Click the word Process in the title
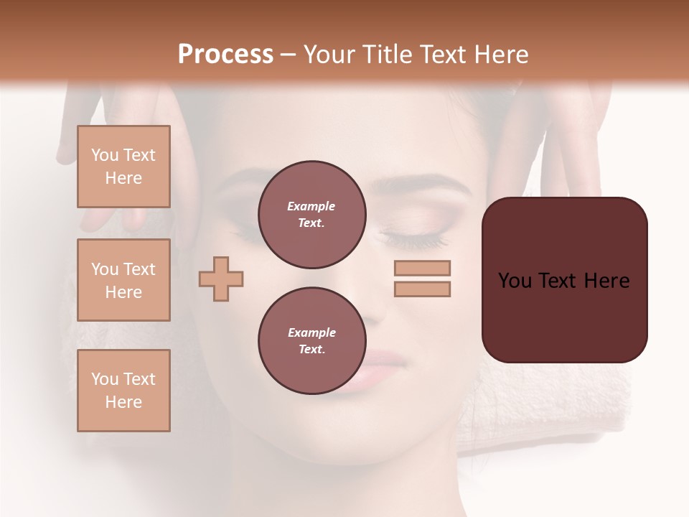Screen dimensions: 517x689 pyautogui.click(x=225, y=55)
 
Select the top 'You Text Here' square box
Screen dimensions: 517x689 pyautogui.click(x=123, y=167)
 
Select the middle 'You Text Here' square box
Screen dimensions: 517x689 pyautogui.click(x=123, y=280)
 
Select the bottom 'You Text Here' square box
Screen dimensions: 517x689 pyautogui.click(x=123, y=391)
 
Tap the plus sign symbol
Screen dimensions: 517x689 pyautogui.click(x=221, y=279)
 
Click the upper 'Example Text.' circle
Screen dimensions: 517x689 pyautogui.click(x=311, y=215)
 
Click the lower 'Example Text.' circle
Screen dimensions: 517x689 pyautogui.click(x=311, y=341)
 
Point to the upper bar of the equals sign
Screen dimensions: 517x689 pyautogui.click(x=422, y=268)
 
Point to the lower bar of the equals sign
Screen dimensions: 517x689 pyautogui.click(x=422, y=289)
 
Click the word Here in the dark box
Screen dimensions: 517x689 pyautogui.click(x=606, y=281)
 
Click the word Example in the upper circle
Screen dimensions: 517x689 pyautogui.click(x=311, y=206)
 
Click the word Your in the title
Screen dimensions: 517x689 pyautogui.click(x=329, y=55)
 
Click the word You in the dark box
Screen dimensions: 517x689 pyautogui.click(x=515, y=281)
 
